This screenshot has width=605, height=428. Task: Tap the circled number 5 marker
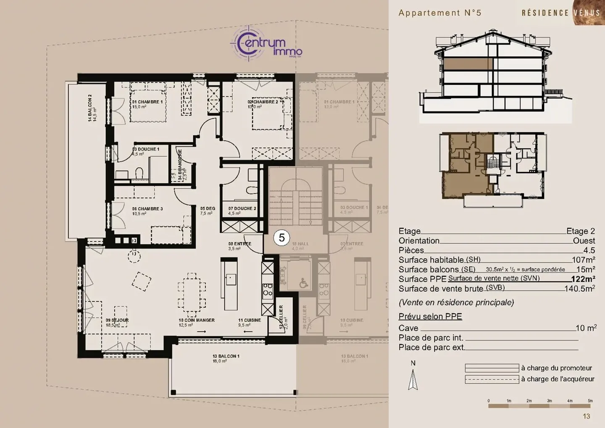(281, 238)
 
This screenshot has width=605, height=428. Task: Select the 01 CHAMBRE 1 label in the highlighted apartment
(147, 102)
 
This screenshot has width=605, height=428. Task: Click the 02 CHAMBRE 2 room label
(263, 102)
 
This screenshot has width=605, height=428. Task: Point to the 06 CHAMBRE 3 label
(147, 209)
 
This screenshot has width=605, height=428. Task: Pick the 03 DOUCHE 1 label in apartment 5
(146, 150)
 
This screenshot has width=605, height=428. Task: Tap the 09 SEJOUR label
(117, 320)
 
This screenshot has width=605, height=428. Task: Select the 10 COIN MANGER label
(197, 320)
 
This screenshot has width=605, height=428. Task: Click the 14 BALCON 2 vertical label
(90, 108)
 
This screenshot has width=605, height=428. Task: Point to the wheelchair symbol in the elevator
(303, 284)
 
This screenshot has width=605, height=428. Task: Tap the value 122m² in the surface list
(583, 279)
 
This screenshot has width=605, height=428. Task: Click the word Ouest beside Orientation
(584, 241)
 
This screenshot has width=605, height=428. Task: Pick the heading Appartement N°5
(439, 13)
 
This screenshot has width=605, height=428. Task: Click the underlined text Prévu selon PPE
(430, 317)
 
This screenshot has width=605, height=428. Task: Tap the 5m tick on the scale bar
(590, 401)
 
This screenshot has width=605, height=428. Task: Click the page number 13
(586, 416)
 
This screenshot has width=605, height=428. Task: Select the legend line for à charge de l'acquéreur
(492, 379)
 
